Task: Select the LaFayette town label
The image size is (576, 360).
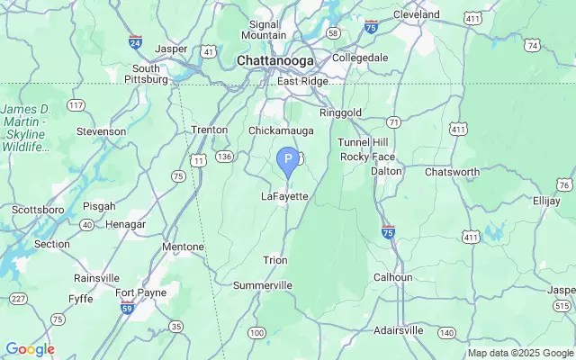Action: (x=284, y=196)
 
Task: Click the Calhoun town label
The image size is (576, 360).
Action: (x=393, y=277)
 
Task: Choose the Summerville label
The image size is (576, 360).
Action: (x=263, y=285)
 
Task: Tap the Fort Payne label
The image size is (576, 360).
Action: (x=137, y=292)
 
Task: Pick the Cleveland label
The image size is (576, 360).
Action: (x=416, y=14)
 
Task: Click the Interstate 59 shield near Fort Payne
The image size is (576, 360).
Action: (x=127, y=309)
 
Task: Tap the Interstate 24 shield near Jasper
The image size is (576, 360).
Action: (x=135, y=41)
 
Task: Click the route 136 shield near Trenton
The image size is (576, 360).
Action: (x=224, y=157)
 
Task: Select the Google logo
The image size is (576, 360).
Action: (x=30, y=349)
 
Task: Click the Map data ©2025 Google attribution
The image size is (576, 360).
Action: (x=520, y=353)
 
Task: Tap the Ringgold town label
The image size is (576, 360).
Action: (x=341, y=113)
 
